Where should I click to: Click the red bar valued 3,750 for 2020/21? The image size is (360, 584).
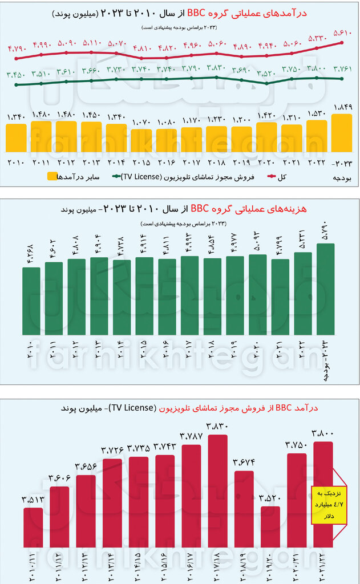pos(296,500)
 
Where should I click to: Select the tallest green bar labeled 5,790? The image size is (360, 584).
pos(325,289)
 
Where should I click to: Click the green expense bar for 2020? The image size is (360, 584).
pos(257,294)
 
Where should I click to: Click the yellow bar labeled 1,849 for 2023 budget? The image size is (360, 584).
pos(342,133)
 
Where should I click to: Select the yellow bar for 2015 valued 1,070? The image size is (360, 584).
pos(141,140)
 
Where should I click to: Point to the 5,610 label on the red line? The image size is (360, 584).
pos(342,33)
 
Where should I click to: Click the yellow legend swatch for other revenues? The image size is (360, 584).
pos(52,176)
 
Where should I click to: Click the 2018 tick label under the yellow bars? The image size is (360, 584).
pos(216,161)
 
